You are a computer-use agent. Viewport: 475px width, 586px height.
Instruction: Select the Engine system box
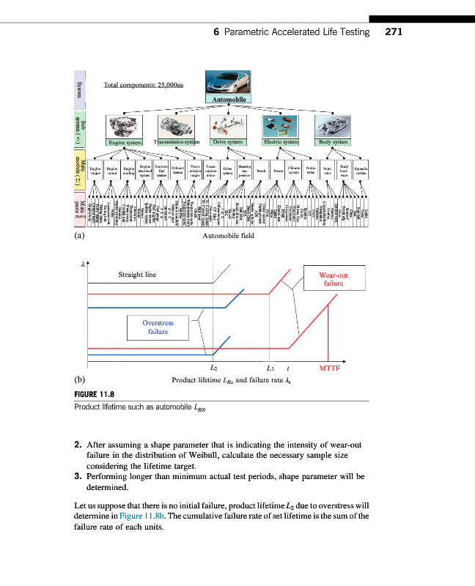tap(125, 141)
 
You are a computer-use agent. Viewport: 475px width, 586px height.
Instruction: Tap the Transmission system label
tap(176, 141)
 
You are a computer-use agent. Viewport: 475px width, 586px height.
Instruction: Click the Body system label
tap(334, 141)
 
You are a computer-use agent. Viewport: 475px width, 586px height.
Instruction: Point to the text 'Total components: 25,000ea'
tap(144, 85)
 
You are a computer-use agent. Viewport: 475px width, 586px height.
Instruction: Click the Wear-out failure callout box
tap(334, 280)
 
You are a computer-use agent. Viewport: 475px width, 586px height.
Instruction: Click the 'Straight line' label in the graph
tap(137, 275)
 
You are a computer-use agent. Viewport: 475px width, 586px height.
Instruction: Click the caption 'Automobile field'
tap(227, 237)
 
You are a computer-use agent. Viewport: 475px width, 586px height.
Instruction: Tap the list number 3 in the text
tap(77, 475)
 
